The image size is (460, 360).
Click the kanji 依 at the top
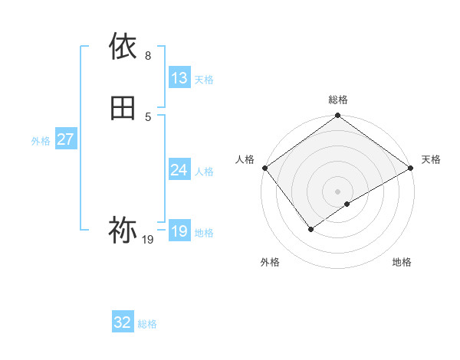[123, 46]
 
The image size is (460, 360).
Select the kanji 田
[123, 108]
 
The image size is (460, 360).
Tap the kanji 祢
[123, 229]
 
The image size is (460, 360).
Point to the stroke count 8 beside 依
[148, 55]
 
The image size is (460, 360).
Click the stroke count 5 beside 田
[148, 116]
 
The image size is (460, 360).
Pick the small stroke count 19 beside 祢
[148, 240]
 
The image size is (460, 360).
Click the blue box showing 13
[179, 78]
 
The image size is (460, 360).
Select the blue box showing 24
[179, 170]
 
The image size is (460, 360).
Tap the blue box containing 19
[179, 231]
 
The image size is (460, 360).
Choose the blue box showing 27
[66, 139]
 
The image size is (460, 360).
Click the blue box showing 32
[123, 322]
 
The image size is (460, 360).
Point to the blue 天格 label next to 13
[204, 79]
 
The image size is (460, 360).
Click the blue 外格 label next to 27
[41, 140]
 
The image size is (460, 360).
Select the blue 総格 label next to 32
[147, 323]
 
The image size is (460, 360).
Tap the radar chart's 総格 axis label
[338, 100]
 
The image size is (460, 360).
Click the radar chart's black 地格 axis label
[402, 262]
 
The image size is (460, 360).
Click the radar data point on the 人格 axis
[264, 168]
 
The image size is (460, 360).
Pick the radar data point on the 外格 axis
[311, 229]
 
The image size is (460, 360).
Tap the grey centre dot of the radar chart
[338, 191]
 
